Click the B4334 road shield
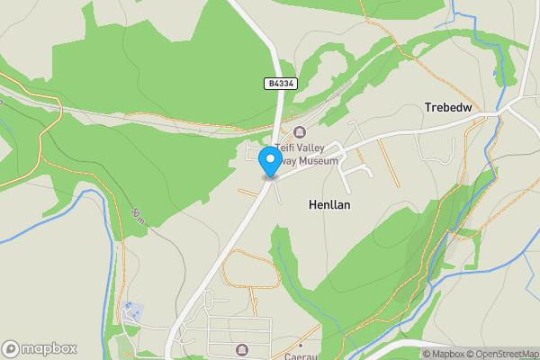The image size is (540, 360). [281, 84]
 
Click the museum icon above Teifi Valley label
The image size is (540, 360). [300, 133]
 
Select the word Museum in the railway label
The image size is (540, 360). [319, 161]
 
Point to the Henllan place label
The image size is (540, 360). [328, 205]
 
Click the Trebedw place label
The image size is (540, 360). [448, 107]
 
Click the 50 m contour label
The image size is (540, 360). [137, 215]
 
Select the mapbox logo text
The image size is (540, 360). [49, 348]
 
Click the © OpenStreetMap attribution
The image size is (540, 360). [498, 354]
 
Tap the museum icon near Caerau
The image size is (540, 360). [240, 349]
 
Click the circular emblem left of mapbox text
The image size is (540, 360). [12, 348]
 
